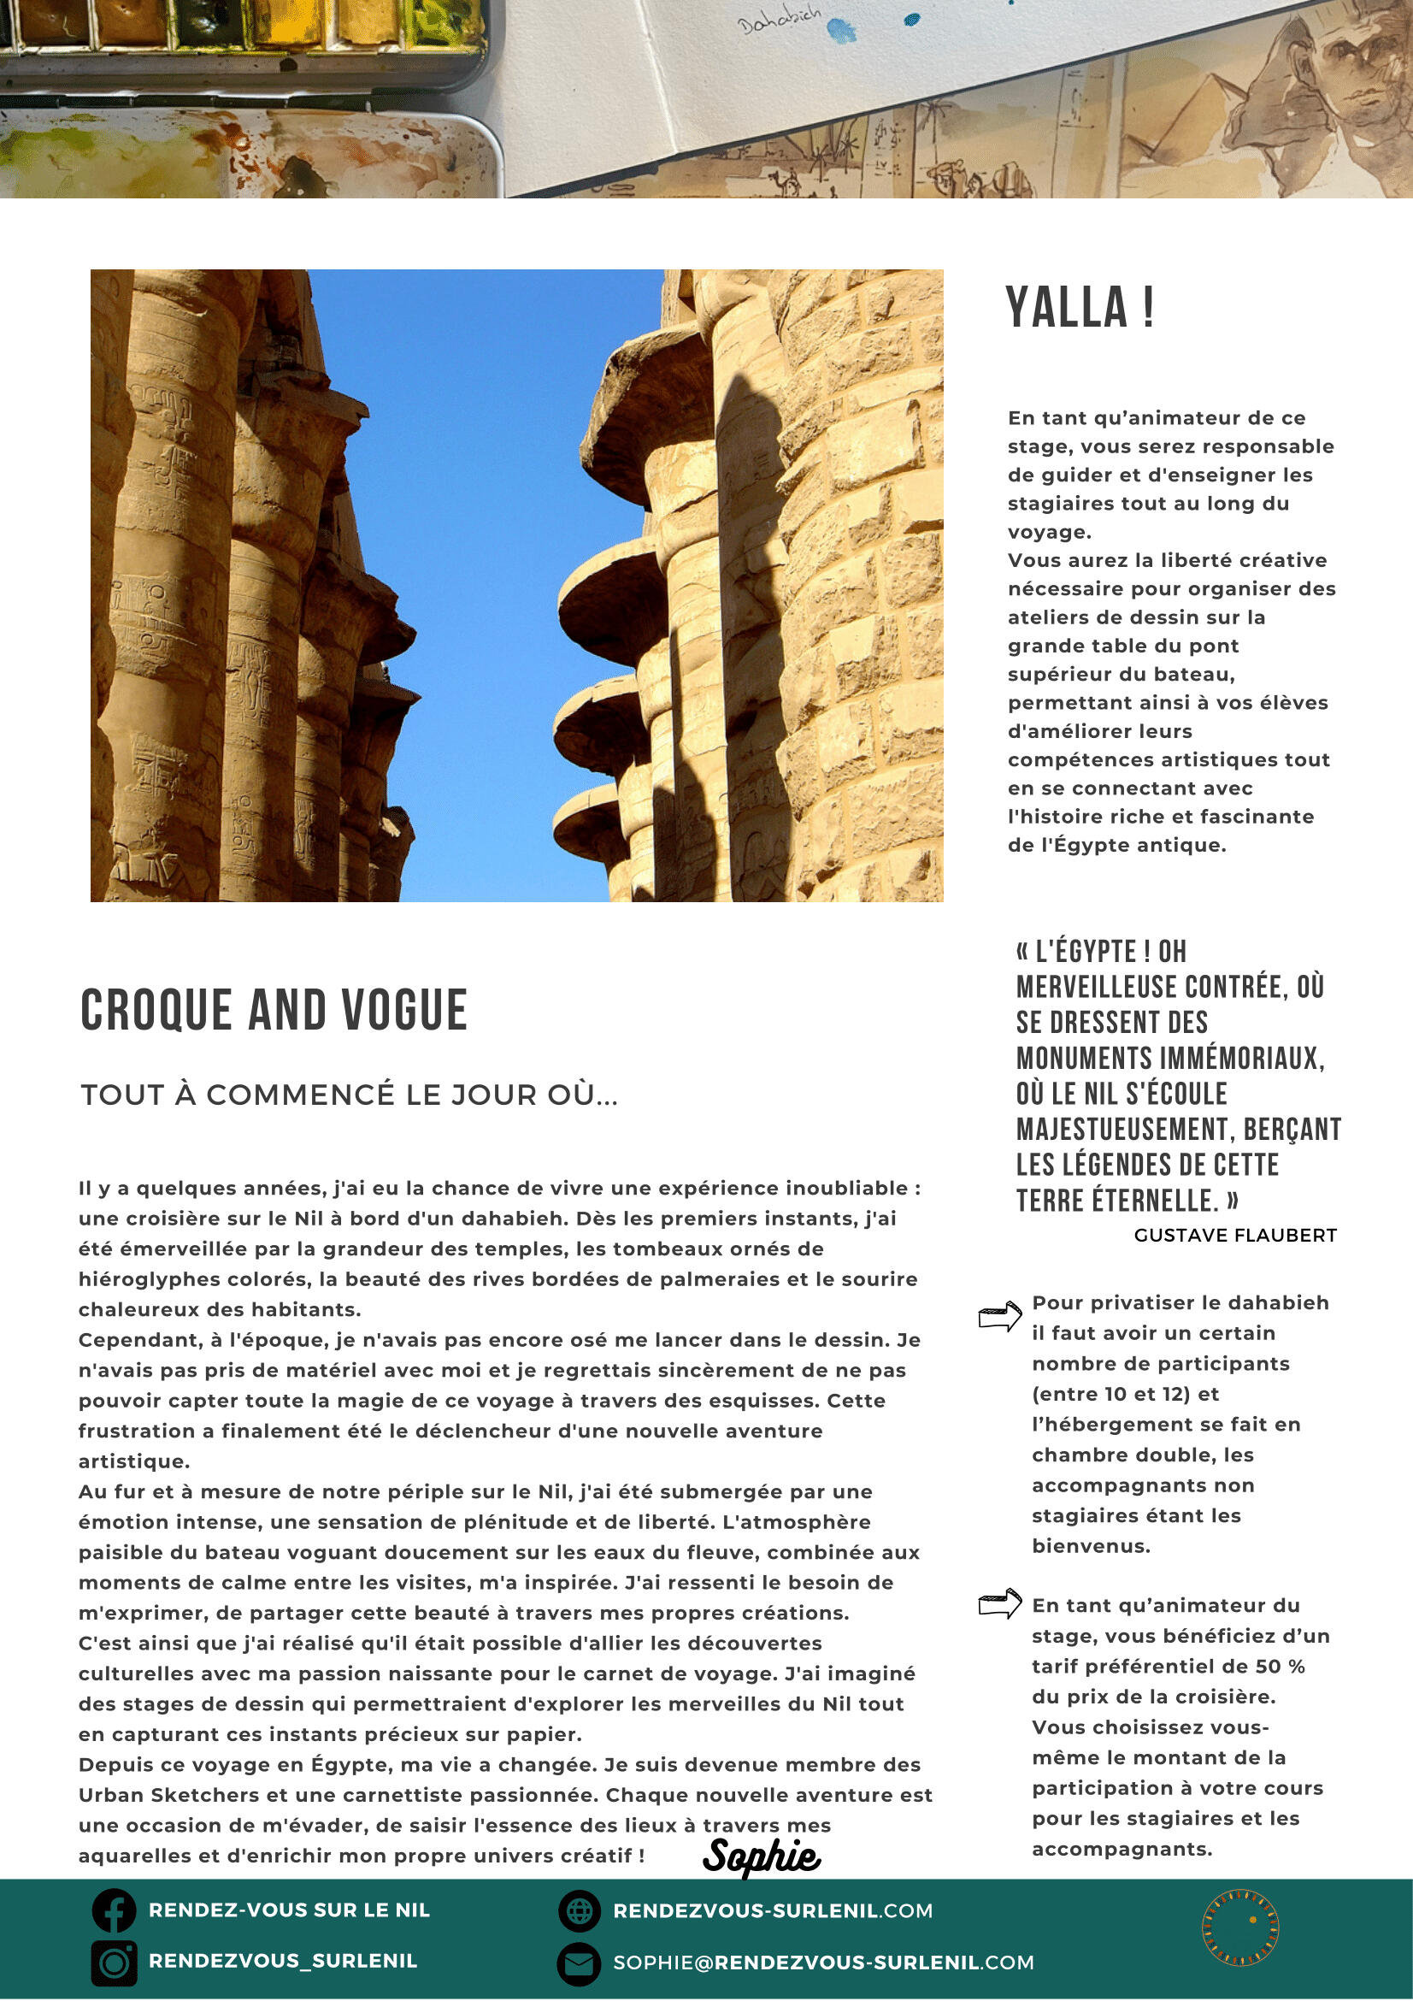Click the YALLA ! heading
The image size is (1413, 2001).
(x=1080, y=308)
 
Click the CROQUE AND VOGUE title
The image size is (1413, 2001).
(x=274, y=1010)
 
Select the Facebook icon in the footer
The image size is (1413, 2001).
(x=115, y=1910)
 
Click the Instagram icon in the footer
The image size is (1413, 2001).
(x=115, y=1963)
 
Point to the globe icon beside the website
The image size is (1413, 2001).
(x=580, y=1911)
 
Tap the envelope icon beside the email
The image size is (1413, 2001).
(x=580, y=1963)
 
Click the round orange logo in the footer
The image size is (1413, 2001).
(x=1240, y=1927)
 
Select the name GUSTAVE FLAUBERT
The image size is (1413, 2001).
(x=1234, y=1235)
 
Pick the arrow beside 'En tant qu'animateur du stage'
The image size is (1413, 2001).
(x=999, y=1603)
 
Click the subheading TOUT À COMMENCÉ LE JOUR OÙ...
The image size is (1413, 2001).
(x=350, y=1095)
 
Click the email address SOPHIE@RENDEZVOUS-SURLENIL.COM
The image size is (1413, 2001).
(x=823, y=1963)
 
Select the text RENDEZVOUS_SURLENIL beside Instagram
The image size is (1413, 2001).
(x=283, y=1961)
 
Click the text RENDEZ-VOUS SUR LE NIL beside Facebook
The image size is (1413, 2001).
(x=289, y=1910)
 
